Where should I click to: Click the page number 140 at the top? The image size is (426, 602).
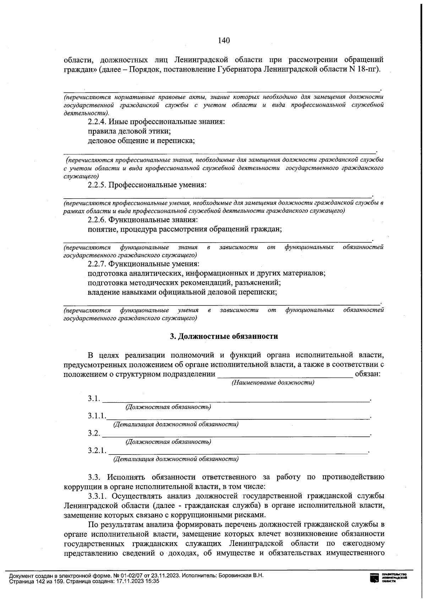(224, 40)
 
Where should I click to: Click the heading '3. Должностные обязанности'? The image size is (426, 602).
(224, 336)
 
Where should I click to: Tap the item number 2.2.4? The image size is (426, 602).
(97, 122)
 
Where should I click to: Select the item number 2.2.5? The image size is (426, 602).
(97, 185)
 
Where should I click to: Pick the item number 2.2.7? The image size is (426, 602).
(97, 264)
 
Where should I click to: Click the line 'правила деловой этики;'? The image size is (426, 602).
(130, 131)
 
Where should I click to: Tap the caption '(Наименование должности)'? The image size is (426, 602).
(273, 383)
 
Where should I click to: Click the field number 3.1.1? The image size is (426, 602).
(97, 416)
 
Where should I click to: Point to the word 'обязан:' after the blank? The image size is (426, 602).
(368, 374)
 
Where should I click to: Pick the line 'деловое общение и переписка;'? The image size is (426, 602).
(142, 140)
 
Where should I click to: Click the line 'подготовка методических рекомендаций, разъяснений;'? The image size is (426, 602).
(185, 283)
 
